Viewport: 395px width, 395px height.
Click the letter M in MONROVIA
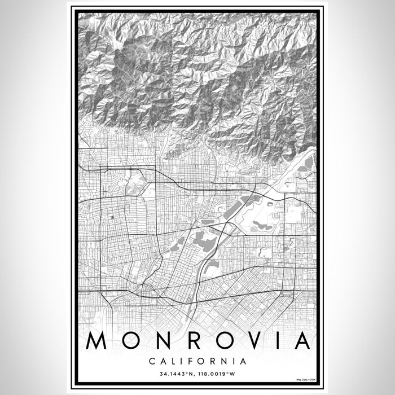pyautogui.click(x=98, y=341)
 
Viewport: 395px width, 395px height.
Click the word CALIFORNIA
pyautogui.click(x=197, y=360)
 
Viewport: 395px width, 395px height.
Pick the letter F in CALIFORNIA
pyautogui.click(x=187, y=360)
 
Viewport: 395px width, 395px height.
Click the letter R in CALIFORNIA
pyautogui.click(x=211, y=360)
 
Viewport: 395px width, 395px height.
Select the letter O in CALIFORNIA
pyautogui.click(x=199, y=360)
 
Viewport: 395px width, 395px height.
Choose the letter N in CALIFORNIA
pyautogui.click(x=222, y=360)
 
